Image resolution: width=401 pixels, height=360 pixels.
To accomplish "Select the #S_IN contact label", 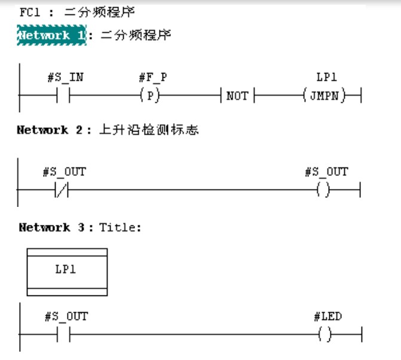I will coord(65,78).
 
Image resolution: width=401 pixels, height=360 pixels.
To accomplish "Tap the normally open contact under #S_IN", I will coord(64,95).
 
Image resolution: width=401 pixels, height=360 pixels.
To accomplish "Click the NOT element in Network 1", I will coord(237,96).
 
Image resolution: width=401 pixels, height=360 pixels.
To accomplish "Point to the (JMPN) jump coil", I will coord(325,95).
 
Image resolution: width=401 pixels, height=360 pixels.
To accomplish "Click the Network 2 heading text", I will coord(50,130).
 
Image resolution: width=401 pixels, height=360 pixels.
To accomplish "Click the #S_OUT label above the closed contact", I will coord(64,172).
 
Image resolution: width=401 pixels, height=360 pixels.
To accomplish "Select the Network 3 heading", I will coord(53,227).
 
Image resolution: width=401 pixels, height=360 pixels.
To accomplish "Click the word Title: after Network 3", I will coord(119,227).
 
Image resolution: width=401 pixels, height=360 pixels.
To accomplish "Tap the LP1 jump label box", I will coord(67,270).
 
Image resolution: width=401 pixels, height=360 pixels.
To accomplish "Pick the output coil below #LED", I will coord(325,334).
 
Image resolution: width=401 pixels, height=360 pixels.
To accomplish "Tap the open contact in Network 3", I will coord(64,334).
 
